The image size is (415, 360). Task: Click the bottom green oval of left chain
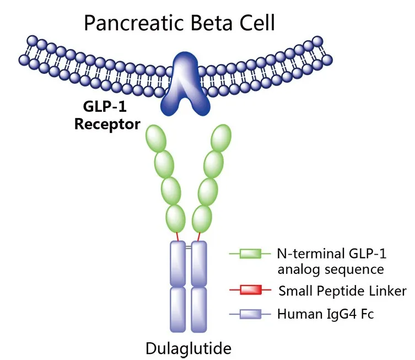coord(175,217)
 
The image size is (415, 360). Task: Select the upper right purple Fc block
coord(198,262)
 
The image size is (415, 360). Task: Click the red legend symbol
coord(250,290)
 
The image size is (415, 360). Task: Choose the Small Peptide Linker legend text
coord(342,291)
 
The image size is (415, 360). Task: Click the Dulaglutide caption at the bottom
coord(187,348)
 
